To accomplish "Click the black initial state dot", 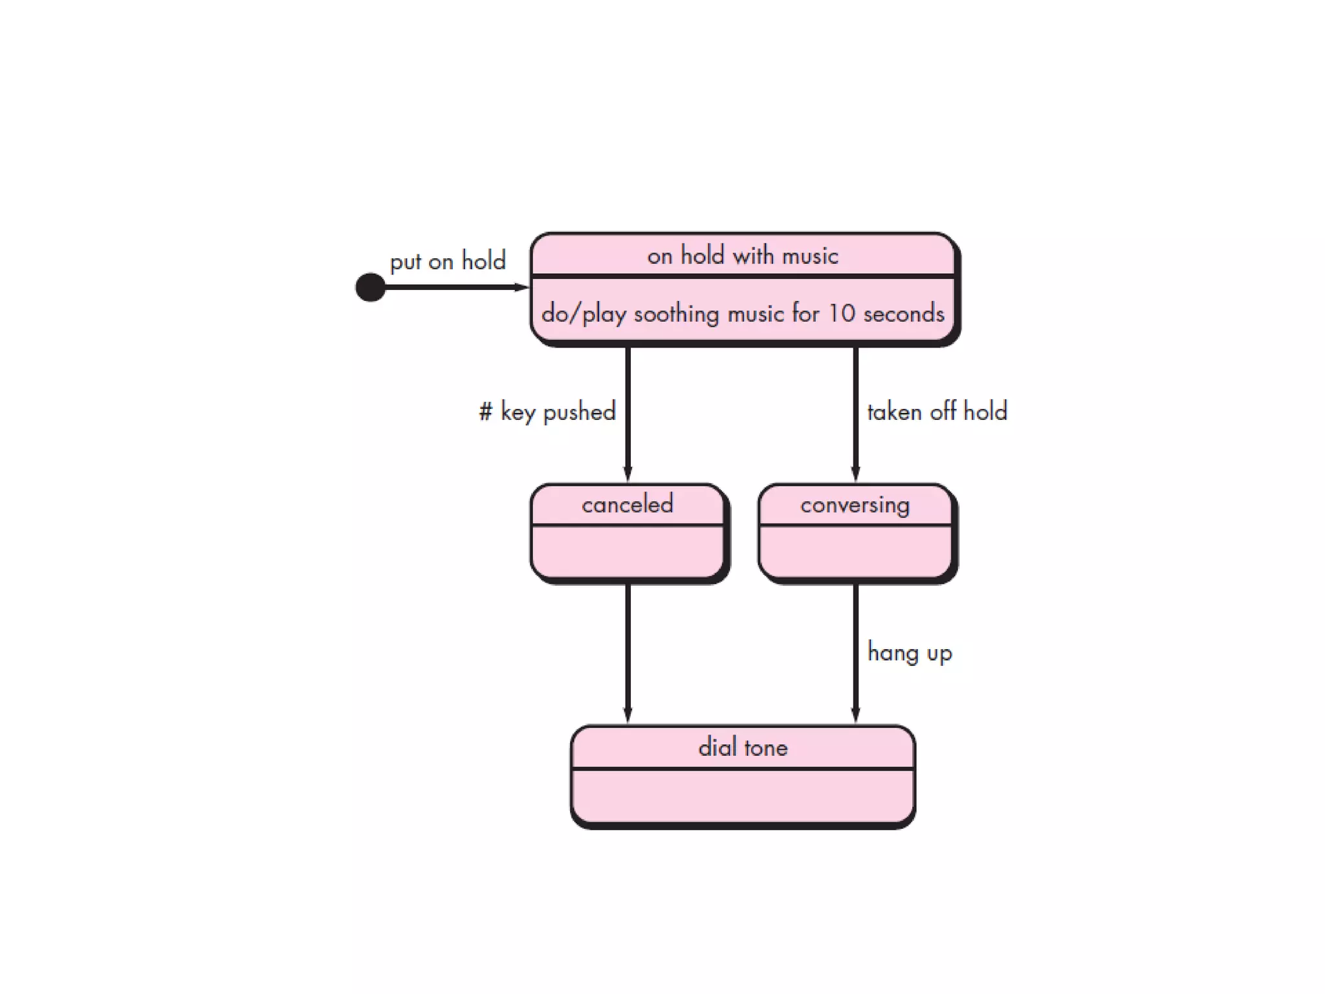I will [370, 287].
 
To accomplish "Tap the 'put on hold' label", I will [447, 261].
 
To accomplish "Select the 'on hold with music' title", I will [742, 256].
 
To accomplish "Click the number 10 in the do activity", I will [842, 314].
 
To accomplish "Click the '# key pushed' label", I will [547, 412].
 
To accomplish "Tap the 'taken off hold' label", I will [937, 412].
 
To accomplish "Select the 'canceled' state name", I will [627, 505].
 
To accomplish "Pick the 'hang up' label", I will [909, 653].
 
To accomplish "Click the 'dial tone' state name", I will [743, 748].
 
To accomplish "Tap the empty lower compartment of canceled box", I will [627, 551].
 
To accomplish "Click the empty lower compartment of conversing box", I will [855, 551].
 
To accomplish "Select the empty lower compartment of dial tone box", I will [743, 795].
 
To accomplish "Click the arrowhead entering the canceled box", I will [628, 474].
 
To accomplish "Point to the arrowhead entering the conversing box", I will [855, 474].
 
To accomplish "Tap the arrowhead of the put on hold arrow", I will [521, 287].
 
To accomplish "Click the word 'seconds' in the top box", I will [904, 314].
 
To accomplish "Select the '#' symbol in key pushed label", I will [485, 412].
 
